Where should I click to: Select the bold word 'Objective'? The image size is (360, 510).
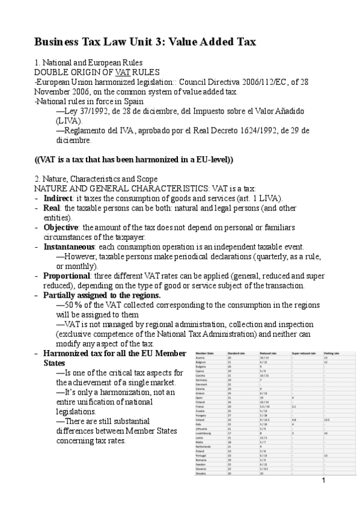(64, 227)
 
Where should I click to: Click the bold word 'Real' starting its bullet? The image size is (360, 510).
(53, 208)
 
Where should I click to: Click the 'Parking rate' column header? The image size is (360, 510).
(332, 354)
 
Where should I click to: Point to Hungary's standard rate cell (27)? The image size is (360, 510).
(229, 415)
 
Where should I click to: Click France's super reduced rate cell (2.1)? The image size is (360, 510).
(294, 407)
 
